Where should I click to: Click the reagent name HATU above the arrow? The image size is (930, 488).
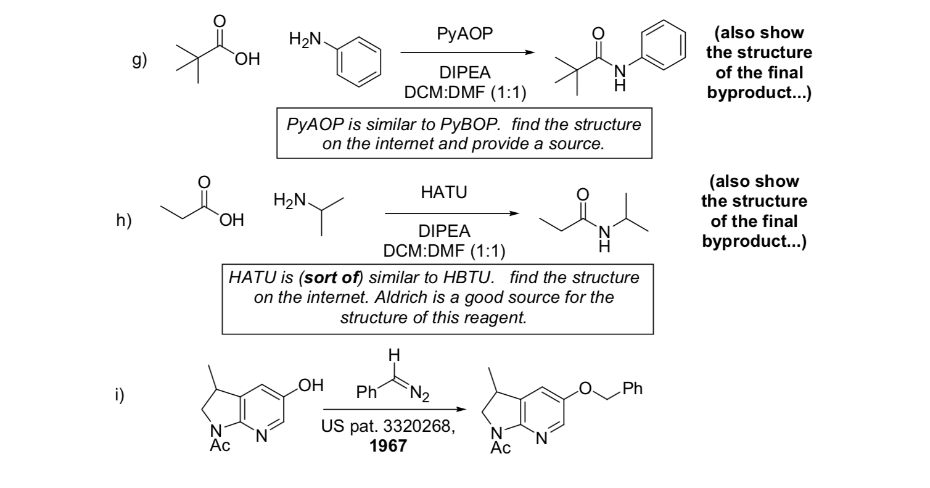(443, 192)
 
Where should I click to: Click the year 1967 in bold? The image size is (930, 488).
(388, 445)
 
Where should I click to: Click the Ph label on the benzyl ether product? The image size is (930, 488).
(633, 389)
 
